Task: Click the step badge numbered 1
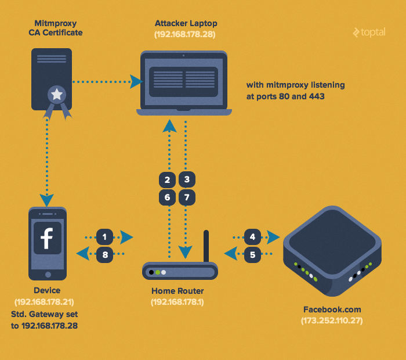104,237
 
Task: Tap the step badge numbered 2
167,180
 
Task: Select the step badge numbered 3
187,180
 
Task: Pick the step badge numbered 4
252,237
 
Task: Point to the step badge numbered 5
252,254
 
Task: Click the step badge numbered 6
167,197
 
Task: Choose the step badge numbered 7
187,197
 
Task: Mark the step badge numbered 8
104,254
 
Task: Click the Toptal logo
368,33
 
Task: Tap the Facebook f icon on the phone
47,238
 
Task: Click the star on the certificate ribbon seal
56,93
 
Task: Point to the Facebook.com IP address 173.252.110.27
332,321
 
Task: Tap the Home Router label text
177,291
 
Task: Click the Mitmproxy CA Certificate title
56,28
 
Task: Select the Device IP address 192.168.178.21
44,302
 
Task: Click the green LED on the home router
158,272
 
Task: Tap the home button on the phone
47,272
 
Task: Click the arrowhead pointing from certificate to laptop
137,81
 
